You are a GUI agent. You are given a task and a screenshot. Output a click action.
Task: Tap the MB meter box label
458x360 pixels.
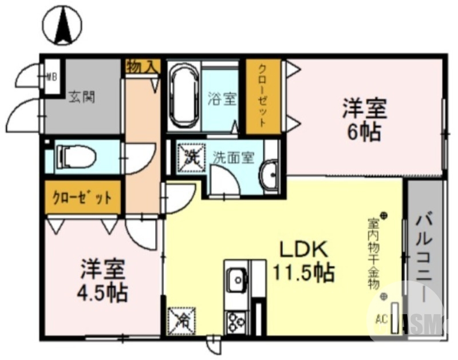pos(51,76)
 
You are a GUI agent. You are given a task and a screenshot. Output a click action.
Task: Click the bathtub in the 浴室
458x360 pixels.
pos(184,96)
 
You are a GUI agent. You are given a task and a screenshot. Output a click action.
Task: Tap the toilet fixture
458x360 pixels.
pos(71,157)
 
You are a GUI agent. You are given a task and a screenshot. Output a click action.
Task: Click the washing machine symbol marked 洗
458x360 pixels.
pos(189,156)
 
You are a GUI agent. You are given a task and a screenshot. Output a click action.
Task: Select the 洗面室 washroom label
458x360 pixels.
pos(233,157)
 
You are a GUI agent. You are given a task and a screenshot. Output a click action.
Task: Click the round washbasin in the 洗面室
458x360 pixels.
pos(267,174)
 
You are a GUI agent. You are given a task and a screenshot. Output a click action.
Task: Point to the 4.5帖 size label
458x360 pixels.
pos(102,292)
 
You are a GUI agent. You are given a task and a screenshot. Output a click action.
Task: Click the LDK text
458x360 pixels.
pos(302,249)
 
